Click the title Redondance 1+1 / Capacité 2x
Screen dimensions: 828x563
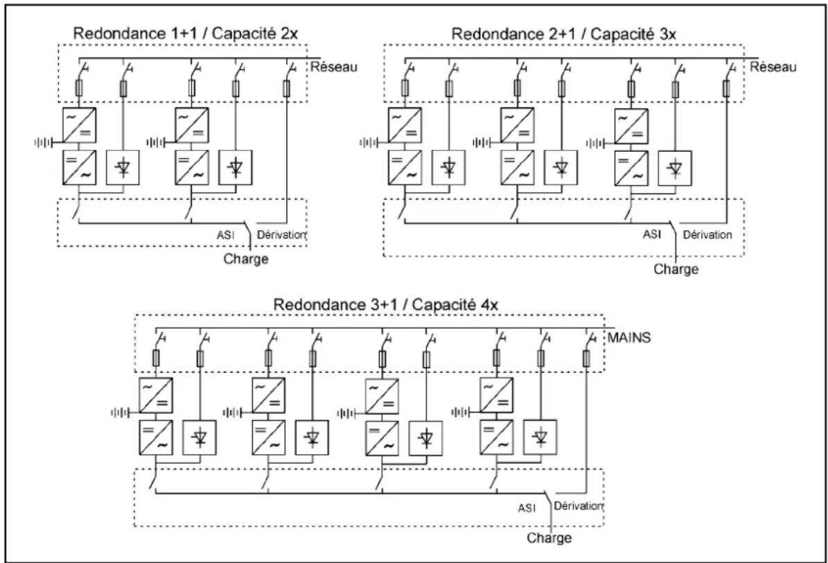tap(186, 33)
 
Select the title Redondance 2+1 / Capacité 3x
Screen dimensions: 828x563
tap(563, 34)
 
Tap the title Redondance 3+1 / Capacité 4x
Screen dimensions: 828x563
tap(385, 304)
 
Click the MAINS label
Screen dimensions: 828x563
tap(629, 337)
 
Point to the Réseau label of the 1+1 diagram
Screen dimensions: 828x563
tap(334, 67)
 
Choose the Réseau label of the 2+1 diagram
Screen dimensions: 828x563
tap(773, 67)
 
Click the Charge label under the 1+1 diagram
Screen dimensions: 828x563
tap(246, 259)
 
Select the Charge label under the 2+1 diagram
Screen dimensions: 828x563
tap(676, 269)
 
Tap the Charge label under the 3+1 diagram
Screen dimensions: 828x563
tap(549, 538)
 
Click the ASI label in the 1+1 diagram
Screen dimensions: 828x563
tap(225, 235)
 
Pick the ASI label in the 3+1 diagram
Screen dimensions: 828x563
tap(527, 508)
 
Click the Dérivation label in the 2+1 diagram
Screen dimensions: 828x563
tap(707, 234)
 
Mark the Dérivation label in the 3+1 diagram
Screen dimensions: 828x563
tap(579, 506)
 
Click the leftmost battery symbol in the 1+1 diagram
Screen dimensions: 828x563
tap(44, 142)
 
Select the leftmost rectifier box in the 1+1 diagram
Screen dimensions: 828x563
tap(79, 125)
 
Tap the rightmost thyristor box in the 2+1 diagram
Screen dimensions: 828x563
tap(675, 168)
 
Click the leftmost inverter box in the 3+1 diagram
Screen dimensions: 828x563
tap(156, 438)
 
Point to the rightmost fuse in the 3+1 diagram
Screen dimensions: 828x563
tap(586, 359)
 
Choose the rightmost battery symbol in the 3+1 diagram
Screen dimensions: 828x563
tap(461, 412)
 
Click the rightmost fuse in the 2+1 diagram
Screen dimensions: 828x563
tap(727, 88)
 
